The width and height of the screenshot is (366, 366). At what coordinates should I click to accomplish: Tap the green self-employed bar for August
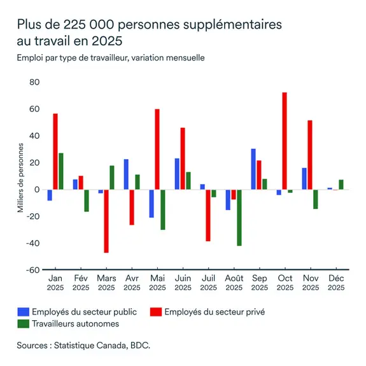(x=239, y=217)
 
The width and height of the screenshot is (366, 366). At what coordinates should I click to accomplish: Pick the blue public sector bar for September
(x=253, y=169)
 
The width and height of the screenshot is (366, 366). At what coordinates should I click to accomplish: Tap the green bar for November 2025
(x=315, y=199)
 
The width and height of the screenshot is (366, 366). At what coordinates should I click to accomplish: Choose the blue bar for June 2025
(x=177, y=174)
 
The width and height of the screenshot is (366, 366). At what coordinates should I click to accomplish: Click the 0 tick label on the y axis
(x=37, y=190)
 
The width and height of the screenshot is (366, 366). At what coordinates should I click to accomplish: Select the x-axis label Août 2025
(x=234, y=283)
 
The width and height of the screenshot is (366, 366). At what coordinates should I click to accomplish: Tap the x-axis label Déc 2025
(x=335, y=283)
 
